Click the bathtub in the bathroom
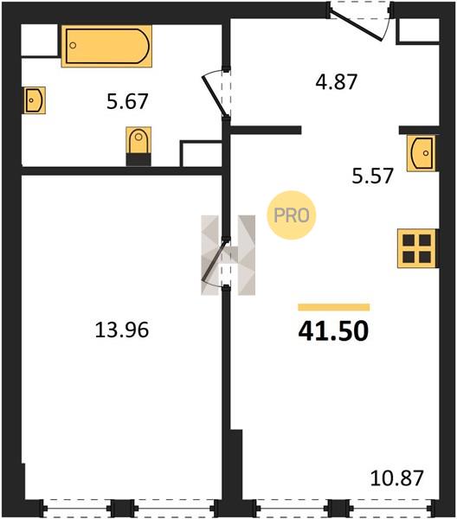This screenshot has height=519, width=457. (x=106, y=46)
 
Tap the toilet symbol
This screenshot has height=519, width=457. (x=138, y=140)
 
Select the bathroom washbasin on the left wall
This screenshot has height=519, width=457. (x=35, y=100)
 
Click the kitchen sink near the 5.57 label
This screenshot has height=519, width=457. (x=422, y=153)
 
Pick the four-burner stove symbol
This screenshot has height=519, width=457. (x=417, y=248)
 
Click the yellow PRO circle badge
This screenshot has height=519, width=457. (x=292, y=215)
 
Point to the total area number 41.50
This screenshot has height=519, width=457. (x=333, y=331)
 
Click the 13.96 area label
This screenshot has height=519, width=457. (x=122, y=330)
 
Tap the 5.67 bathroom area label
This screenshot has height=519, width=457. (x=127, y=101)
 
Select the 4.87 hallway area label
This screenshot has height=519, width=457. (x=336, y=82)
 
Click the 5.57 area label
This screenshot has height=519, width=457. (x=372, y=176)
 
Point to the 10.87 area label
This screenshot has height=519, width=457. (x=396, y=478)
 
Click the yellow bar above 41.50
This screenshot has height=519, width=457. (x=334, y=307)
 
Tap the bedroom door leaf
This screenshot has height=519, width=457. (x=215, y=261)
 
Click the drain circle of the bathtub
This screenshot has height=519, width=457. (x=73, y=45)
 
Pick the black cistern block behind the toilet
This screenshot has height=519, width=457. (x=138, y=160)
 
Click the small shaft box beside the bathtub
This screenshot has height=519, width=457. (x=40, y=41)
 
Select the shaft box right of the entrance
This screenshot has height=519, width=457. (x=417, y=31)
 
